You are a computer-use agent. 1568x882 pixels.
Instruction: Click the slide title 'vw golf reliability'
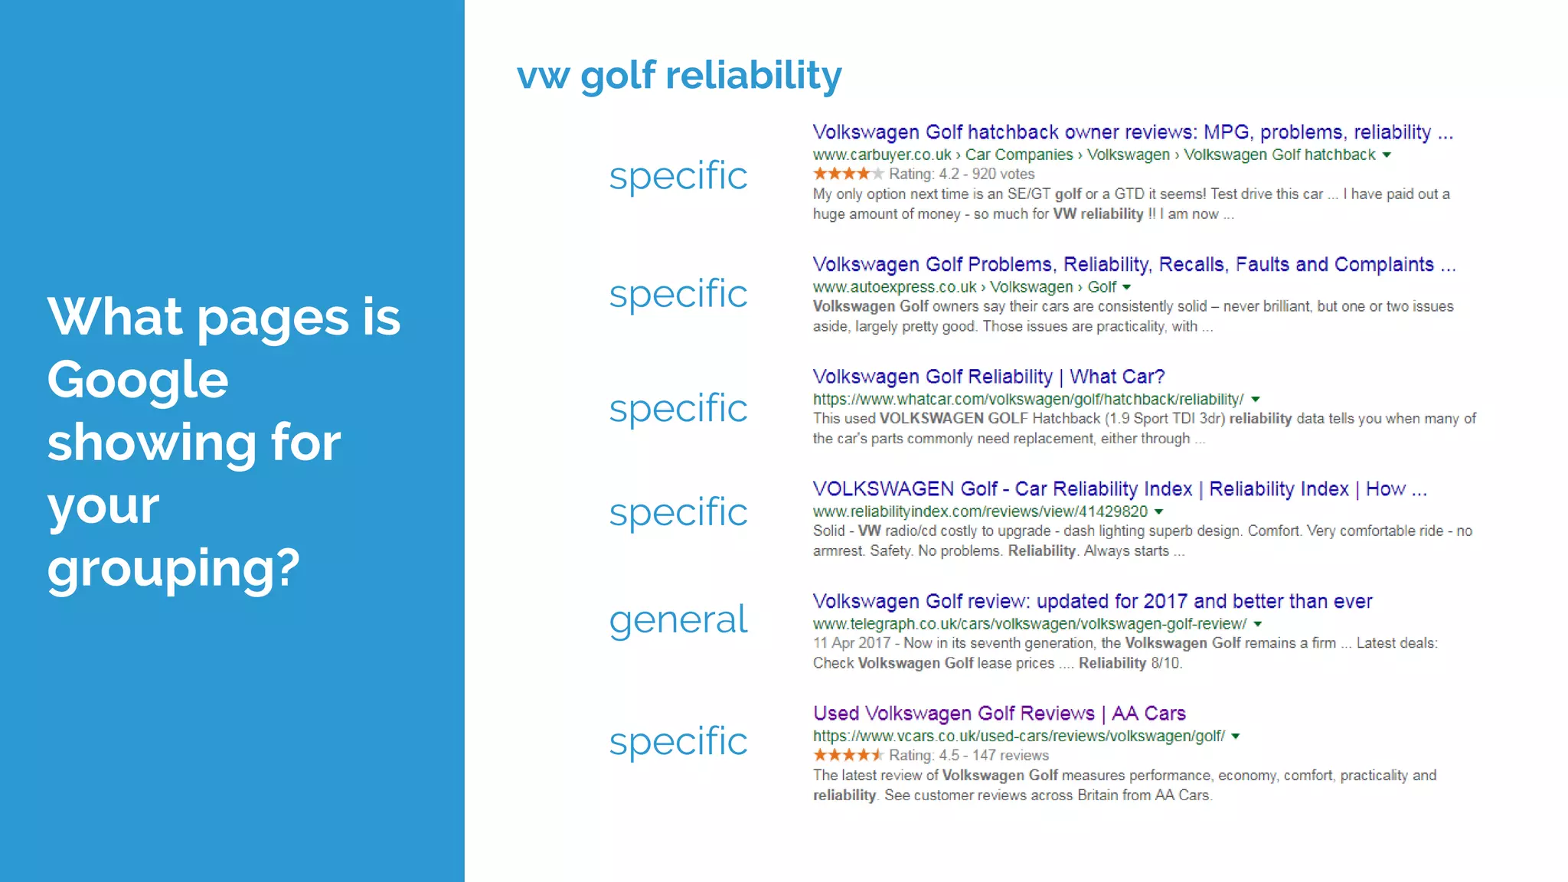coord(679,76)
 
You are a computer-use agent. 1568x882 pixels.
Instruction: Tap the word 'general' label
coord(678,619)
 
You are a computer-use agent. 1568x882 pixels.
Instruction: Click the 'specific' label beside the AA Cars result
coord(678,741)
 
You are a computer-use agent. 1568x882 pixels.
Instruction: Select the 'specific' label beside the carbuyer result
coord(678,176)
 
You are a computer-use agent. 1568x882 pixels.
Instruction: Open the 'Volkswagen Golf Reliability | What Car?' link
coord(988,377)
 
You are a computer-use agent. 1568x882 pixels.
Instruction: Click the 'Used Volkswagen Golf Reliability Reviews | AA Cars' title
coord(999,714)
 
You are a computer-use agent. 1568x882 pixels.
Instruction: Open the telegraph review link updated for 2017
coord(1092,601)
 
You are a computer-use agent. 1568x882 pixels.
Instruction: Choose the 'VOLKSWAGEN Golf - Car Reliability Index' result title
coord(1119,489)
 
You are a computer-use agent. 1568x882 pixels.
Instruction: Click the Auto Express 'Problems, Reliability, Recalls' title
coord(1133,265)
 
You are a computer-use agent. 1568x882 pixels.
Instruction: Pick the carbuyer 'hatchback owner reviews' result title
coord(1132,132)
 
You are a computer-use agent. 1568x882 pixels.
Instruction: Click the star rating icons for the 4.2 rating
coord(848,174)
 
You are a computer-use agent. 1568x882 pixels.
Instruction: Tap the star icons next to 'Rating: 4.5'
coord(848,755)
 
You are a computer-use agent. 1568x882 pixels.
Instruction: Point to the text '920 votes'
coord(1003,174)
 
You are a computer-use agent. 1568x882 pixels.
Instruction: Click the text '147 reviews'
coord(1010,755)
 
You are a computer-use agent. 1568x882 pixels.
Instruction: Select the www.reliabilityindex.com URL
coord(980,511)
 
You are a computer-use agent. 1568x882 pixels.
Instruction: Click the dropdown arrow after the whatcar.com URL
coord(1256,399)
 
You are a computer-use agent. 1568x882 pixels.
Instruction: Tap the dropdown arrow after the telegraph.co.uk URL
coord(1258,624)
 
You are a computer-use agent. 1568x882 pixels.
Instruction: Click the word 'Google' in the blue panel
coord(138,380)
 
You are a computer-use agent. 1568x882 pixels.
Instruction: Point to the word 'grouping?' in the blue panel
coord(174,568)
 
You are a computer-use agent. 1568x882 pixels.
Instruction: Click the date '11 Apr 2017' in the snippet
coord(851,643)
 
